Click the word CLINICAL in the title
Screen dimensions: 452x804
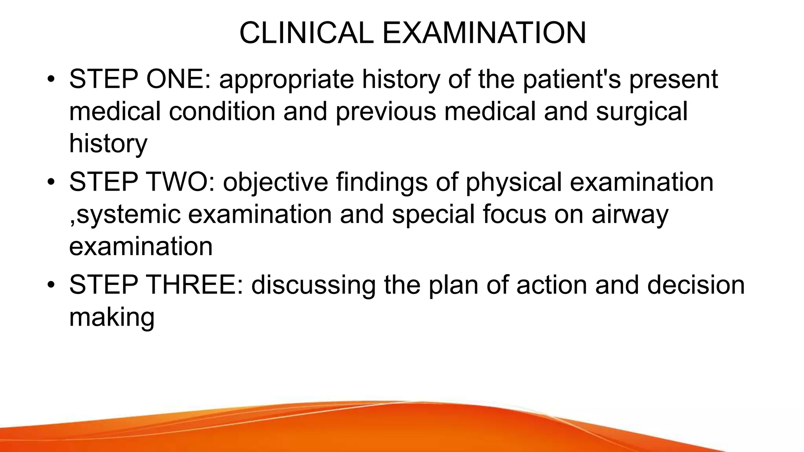pyautogui.click(x=306, y=33)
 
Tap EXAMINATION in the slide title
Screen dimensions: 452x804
pyautogui.click(x=484, y=33)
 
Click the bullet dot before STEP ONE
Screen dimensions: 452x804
pyautogui.click(x=50, y=80)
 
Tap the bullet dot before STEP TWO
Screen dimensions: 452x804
pyautogui.click(x=50, y=183)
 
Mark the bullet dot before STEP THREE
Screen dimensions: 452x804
pyautogui.click(x=50, y=286)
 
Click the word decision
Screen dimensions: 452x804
pyautogui.click(x=696, y=285)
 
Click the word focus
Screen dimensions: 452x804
pyautogui.click(x=514, y=215)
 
